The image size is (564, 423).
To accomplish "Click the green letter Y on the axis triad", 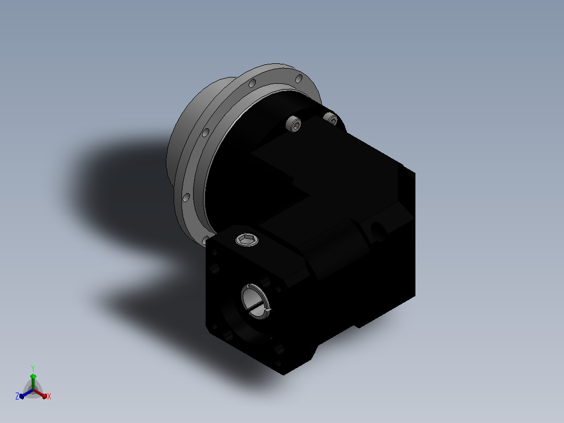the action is tap(33, 369).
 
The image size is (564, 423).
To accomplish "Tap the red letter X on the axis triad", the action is tap(49, 396).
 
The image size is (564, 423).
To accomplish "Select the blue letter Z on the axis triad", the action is tap(17, 396).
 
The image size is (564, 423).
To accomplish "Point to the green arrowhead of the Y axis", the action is tap(33, 376).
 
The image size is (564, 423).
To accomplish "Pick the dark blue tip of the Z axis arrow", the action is tap(22, 396).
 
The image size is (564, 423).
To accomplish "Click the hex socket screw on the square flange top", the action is tap(247, 239).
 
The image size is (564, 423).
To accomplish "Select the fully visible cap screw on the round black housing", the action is tap(294, 124).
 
